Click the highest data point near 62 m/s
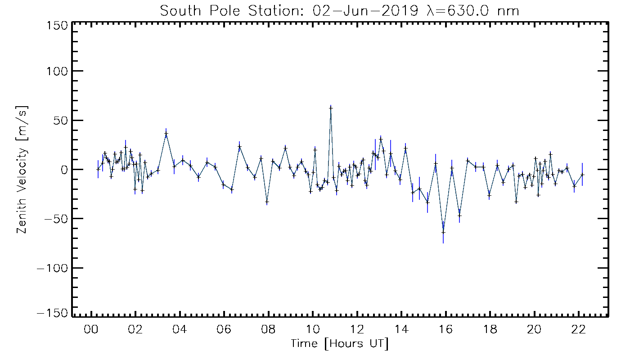[331, 108]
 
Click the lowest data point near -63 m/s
[443, 232]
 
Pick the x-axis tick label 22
[578, 329]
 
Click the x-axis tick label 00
[91, 329]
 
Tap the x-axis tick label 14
[401, 329]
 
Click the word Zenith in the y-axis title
[22, 218]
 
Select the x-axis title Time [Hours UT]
[339, 344]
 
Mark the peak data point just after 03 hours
[166, 134]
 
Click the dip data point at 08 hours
[267, 202]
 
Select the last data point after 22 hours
[582, 175]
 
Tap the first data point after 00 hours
[98, 169]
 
